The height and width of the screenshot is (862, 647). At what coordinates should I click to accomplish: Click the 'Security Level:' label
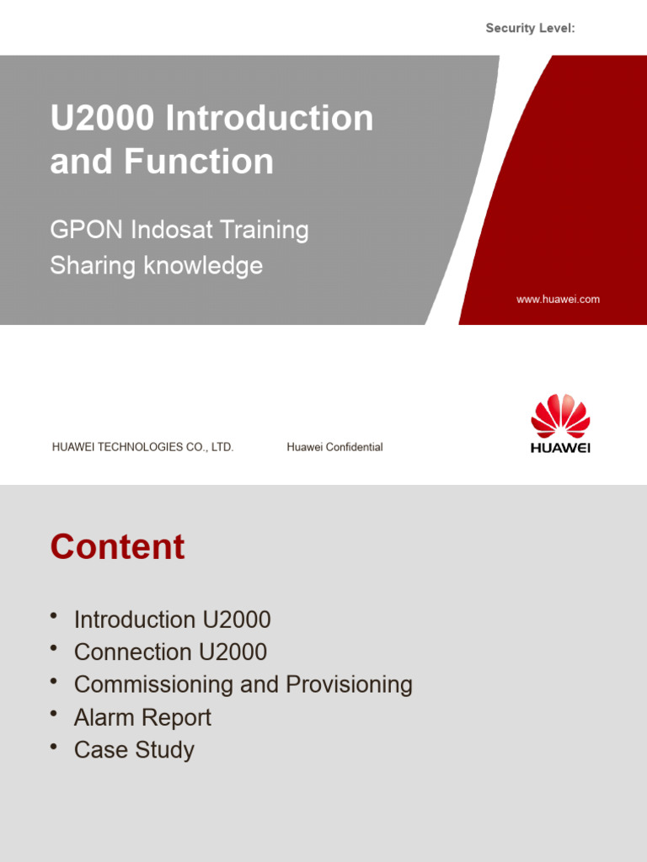[530, 29]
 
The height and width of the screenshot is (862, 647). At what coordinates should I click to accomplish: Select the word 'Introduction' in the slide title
[269, 118]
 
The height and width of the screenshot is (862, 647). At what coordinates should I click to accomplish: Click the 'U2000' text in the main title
[102, 118]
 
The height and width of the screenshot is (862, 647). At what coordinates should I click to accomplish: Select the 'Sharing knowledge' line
[156, 266]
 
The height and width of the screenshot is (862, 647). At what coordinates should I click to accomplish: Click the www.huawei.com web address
[558, 300]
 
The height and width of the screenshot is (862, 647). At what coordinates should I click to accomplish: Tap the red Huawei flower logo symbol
[560, 416]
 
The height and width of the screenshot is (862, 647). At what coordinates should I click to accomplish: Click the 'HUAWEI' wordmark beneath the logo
[560, 448]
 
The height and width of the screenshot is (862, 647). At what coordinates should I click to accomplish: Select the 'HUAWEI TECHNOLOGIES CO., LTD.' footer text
[142, 448]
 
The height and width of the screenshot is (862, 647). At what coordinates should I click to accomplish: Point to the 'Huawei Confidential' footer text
[334, 448]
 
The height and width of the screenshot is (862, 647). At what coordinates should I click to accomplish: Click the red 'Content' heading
[117, 547]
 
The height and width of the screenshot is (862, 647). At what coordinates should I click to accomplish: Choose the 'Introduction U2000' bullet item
[172, 620]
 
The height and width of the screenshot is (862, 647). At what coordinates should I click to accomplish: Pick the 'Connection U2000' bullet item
[170, 652]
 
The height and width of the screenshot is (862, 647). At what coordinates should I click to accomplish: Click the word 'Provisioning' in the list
[349, 685]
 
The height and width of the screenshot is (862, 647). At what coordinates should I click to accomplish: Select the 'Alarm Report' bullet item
[142, 718]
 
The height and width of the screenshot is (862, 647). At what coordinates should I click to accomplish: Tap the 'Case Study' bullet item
[134, 750]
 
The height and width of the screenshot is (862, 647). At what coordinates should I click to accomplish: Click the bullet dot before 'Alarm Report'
[54, 715]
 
